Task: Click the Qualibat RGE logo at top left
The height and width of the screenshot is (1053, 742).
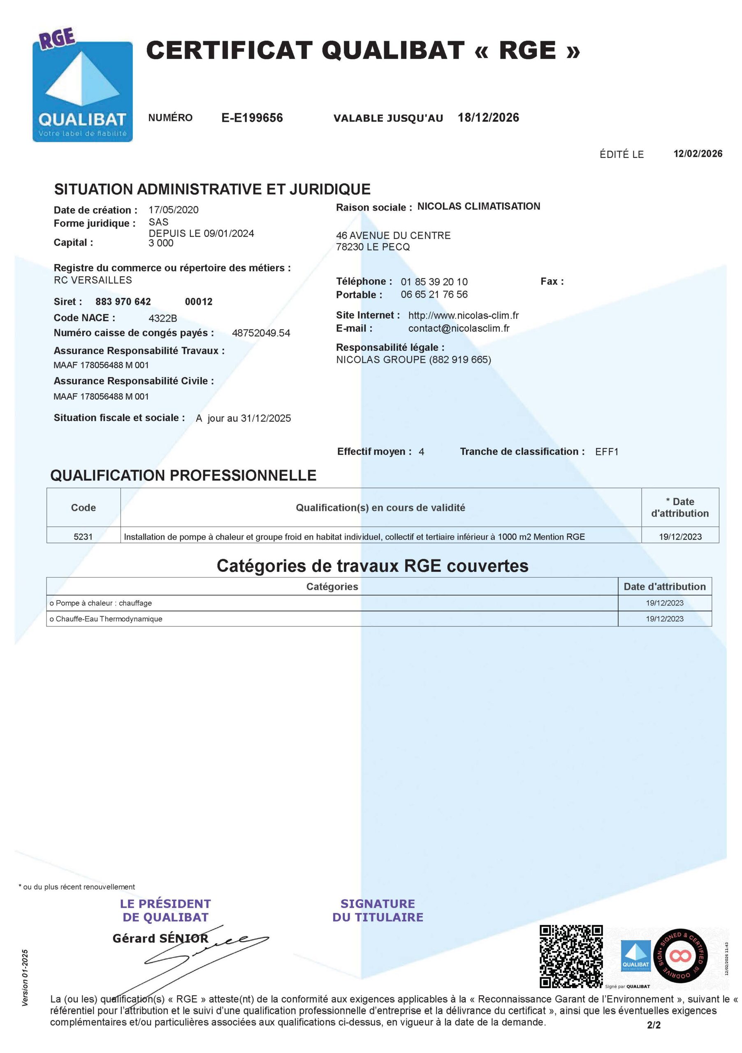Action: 83,87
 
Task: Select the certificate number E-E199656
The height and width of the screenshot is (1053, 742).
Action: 252,118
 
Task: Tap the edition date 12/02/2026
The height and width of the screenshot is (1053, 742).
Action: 697,154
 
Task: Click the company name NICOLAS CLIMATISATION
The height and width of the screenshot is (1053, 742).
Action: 478,206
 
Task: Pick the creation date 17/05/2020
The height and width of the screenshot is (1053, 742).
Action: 173,210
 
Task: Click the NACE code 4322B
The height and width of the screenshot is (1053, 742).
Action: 162,318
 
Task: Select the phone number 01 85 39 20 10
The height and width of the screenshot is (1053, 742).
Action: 434,282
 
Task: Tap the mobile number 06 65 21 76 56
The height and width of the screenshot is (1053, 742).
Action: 434,295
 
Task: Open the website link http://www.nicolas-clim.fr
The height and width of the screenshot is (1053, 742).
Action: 463,315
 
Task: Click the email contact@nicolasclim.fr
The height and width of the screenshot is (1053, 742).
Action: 459,328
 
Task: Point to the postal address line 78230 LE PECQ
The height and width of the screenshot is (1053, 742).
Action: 372,247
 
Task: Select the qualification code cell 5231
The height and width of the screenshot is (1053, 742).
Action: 83,537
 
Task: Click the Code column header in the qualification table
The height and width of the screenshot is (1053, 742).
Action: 83,508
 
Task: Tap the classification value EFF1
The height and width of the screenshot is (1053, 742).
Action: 606,452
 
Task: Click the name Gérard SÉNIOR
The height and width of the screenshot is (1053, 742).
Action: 160,938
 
